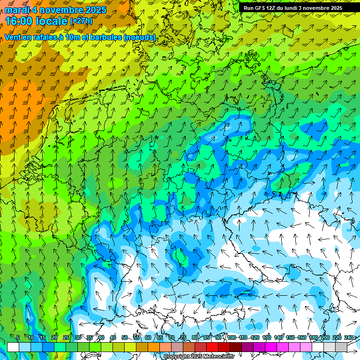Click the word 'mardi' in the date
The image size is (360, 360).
(18, 10)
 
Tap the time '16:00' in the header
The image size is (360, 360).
(18, 21)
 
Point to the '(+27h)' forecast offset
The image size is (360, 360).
(82, 21)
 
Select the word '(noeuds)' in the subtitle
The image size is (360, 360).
(140, 37)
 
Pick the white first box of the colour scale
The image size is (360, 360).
(13, 347)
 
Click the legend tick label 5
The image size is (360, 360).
(17, 338)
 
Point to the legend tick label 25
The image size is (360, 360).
(66, 338)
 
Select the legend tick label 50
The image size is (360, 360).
(125, 338)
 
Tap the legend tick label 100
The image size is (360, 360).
(232, 338)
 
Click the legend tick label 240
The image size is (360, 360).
(349, 338)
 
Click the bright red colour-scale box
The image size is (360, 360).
(212, 347)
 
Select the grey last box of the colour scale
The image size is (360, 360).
(341, 347)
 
